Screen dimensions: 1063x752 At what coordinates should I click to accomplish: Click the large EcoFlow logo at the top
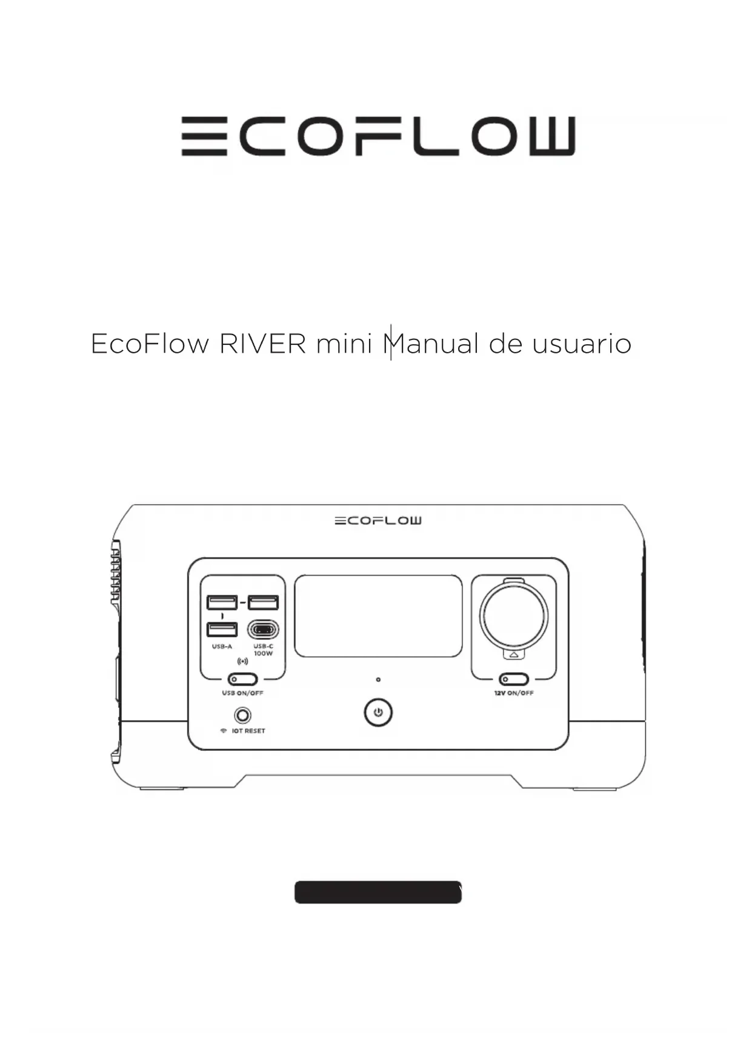tap(378, 136)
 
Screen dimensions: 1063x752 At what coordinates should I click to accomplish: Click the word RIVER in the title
tap(262, 344)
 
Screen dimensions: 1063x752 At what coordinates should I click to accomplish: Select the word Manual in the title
tap(431, 344)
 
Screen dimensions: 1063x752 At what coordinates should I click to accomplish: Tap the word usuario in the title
tap(582, 344)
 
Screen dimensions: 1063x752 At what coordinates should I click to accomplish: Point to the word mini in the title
tap(344, 344)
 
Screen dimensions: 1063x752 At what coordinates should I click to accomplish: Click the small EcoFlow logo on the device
tap(378, 521)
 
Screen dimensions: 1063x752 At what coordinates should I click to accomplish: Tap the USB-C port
tap(263, 630)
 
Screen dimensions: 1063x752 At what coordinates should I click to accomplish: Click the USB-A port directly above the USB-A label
tap(222, 629)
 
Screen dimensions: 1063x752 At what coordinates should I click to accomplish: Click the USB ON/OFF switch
tap(242, 679)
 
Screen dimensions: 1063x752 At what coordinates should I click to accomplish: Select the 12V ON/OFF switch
tap(514, 679)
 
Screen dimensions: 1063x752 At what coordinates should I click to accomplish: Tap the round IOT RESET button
tap(242, 716)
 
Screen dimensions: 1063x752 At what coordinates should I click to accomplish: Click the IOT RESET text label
tap(248, 731)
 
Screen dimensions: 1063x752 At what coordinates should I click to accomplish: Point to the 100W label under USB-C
tap(263, 654)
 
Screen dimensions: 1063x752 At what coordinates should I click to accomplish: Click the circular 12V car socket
tap(514, 616)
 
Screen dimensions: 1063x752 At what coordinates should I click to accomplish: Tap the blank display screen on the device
tap(378, 616)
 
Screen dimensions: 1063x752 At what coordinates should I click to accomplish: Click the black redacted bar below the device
tap(378, 893)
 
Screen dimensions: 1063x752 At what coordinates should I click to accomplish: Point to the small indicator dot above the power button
tap(378, 680)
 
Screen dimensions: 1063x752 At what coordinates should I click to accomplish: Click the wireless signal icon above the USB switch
tap(242, 661)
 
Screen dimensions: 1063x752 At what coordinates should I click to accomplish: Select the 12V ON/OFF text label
tap(514, 693)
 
